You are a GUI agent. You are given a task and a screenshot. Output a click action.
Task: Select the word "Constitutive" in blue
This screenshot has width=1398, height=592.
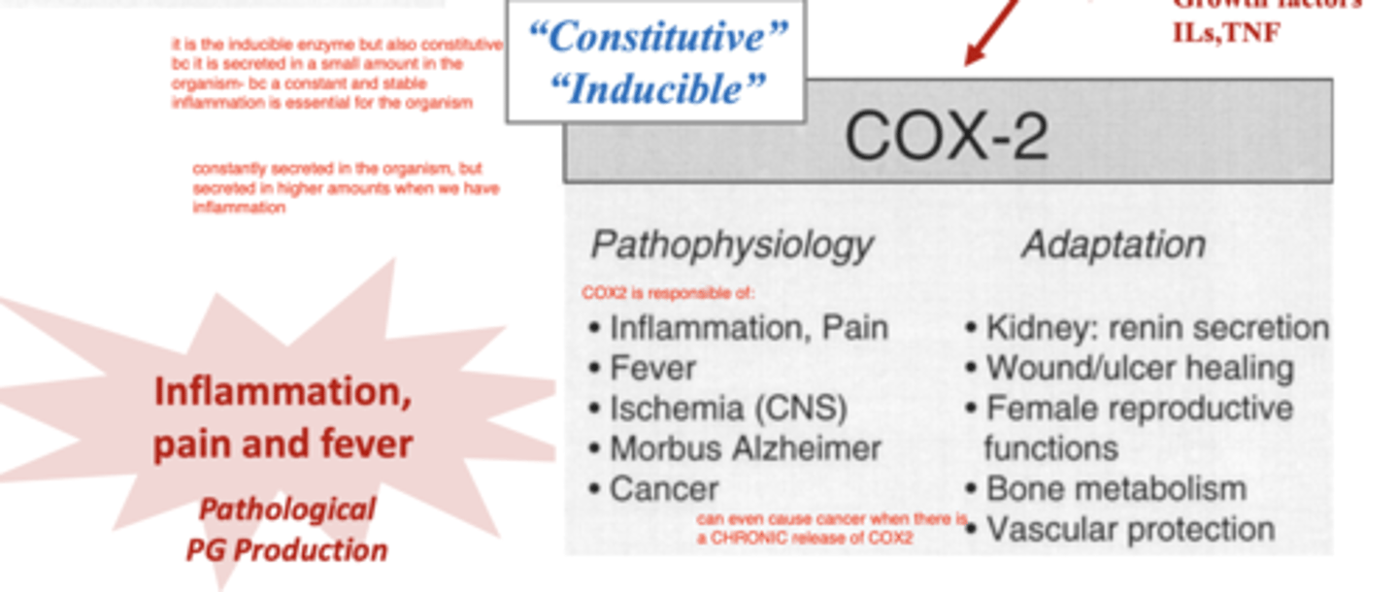coord(658,38)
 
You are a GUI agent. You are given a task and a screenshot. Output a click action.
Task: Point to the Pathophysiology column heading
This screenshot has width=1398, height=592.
coord(732,245)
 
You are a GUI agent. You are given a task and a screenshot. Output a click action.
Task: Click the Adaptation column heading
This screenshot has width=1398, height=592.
coord(1114,245)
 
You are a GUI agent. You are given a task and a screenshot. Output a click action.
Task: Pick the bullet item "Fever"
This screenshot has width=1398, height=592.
coord(652,369)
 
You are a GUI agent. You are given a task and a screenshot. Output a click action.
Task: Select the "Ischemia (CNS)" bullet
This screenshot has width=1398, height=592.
coord(728,409)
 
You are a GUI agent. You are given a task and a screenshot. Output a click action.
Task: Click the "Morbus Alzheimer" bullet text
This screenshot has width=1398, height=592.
coord(745,448)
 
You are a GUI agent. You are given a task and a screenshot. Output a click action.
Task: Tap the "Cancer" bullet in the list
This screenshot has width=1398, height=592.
coord(664,488)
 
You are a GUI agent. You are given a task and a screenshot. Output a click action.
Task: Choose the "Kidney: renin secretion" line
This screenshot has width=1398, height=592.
coord(1157,328)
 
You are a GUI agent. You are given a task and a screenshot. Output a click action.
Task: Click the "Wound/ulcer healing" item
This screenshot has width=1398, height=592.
coord(1140,369)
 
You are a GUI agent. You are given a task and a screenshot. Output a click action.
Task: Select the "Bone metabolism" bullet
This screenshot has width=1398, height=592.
coord(1115,488)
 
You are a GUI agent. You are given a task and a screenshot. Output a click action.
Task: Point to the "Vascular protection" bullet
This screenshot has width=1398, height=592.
coord(1130,529)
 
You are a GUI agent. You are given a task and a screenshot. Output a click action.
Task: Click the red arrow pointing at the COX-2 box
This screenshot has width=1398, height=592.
coord(990,29)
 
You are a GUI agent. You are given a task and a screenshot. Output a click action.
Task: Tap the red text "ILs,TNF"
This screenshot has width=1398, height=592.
coord(1226,32)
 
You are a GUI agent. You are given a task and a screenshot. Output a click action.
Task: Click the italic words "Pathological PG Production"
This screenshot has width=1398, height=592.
coord(286,530)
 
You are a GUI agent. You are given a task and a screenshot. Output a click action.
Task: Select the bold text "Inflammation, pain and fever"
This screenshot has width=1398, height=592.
coord(283,417)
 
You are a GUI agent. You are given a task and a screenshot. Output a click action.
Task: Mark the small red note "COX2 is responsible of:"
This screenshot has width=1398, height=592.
coord(668,293)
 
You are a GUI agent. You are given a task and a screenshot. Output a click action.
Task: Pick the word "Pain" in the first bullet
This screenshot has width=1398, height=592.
coord(855,328)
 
